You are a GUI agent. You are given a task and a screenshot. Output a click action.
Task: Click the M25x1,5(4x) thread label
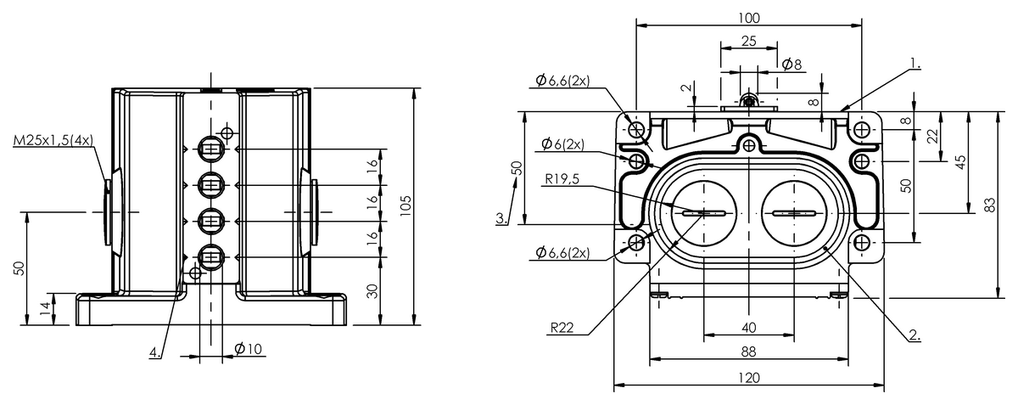pyautogui.click(x=53, y=140)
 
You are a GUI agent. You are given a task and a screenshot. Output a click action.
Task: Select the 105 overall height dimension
pyautogui.click(x=406, y=205)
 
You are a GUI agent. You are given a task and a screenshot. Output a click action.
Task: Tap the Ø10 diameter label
pyautogui.click(x=248, y=349)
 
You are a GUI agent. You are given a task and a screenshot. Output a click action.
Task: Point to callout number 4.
pyautogui.click(x=155, y=352)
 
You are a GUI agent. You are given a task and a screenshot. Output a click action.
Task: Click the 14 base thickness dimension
pyautogui.click(x=44, y=309)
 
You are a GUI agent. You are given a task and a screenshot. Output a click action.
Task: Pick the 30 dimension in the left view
pyautogui.click(x=372, y=291)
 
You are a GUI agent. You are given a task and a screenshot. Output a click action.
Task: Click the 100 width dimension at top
pyautogui.click(x=748, y=18)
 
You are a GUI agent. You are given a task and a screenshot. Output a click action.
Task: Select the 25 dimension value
pyautogui.click(x=748, y=41)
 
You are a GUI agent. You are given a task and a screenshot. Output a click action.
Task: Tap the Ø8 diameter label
pyautogui.click(x=792, y=65)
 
